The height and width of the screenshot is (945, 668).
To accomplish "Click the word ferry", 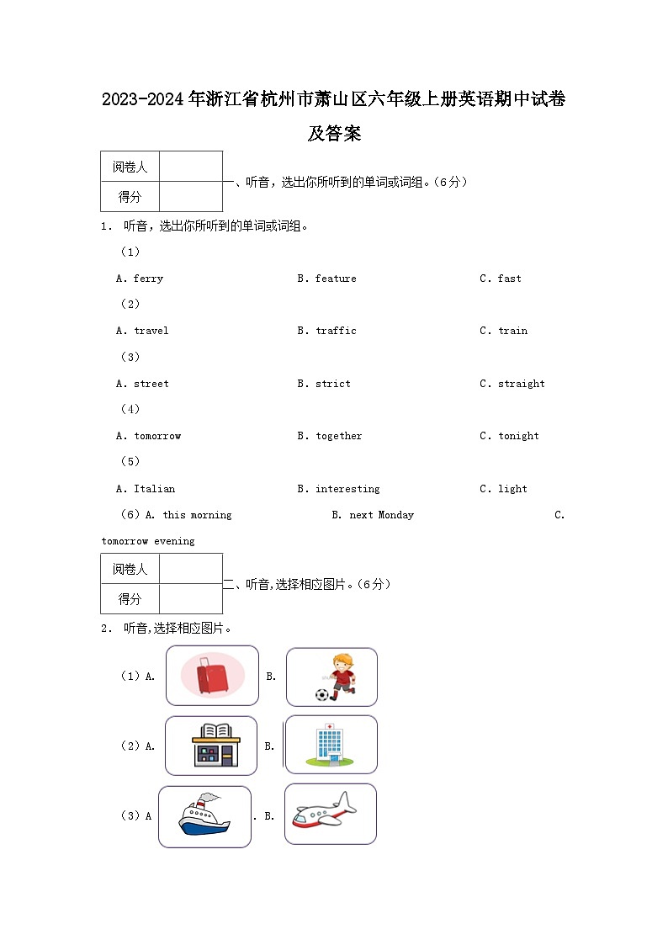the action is (x=148, y=279).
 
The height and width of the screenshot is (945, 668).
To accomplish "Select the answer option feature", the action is (x=336, y=279).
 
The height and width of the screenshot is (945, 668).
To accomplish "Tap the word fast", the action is (x=509, y=279).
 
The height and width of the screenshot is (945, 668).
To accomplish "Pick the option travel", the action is (x=151, y=331).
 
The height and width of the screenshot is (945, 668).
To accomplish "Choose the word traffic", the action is (x=336, y=331).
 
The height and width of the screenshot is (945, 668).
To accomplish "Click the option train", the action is (x=512, y=331).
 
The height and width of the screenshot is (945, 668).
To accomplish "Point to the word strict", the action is (x=333, y=384).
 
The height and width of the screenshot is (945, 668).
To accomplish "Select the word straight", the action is (x=521, y=384).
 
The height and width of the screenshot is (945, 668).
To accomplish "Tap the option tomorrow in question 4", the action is (x=157, y=436).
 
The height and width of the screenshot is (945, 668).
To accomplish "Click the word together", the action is (x=339, y=436).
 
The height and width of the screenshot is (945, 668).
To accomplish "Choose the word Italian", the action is (x=155, y=489).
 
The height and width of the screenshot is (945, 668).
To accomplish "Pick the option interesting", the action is (x=347, y=489).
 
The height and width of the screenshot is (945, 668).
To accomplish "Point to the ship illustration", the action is (x=204, y=816).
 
